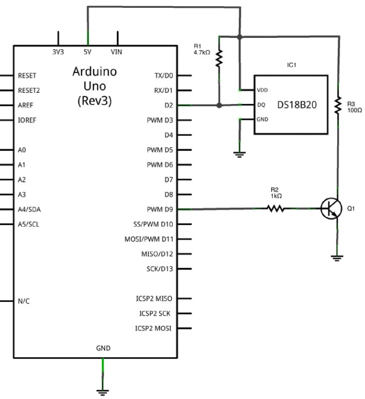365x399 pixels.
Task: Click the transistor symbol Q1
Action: (331, 209)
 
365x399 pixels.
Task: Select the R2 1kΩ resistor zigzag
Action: (276, 209)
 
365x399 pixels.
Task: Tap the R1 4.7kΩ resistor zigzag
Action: (219, 59)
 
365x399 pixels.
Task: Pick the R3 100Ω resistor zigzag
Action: (338, 105)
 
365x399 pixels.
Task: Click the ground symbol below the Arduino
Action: (103, 393)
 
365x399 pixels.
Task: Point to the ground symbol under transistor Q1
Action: (337, 258)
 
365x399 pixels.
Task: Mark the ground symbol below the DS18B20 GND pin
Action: (240, 155)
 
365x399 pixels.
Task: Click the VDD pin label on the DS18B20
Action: (262, 90)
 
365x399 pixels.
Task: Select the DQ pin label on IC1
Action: (261, 105)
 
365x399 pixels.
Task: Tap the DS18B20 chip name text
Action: (297, 105)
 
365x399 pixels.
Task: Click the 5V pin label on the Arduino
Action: (87, 52)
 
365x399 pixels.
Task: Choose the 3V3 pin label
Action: (58, 52)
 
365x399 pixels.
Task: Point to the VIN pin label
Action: (116, 52)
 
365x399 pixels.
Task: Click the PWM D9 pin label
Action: (160, 210)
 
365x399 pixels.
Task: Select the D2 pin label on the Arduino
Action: (168, 105)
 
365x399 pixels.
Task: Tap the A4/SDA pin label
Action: (29, 210)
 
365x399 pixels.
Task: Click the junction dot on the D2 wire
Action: (219, 105)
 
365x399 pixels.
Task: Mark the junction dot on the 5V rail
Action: (240, 37)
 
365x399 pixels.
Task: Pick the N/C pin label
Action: (24, 301)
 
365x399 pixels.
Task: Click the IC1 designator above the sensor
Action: (292, 65)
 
